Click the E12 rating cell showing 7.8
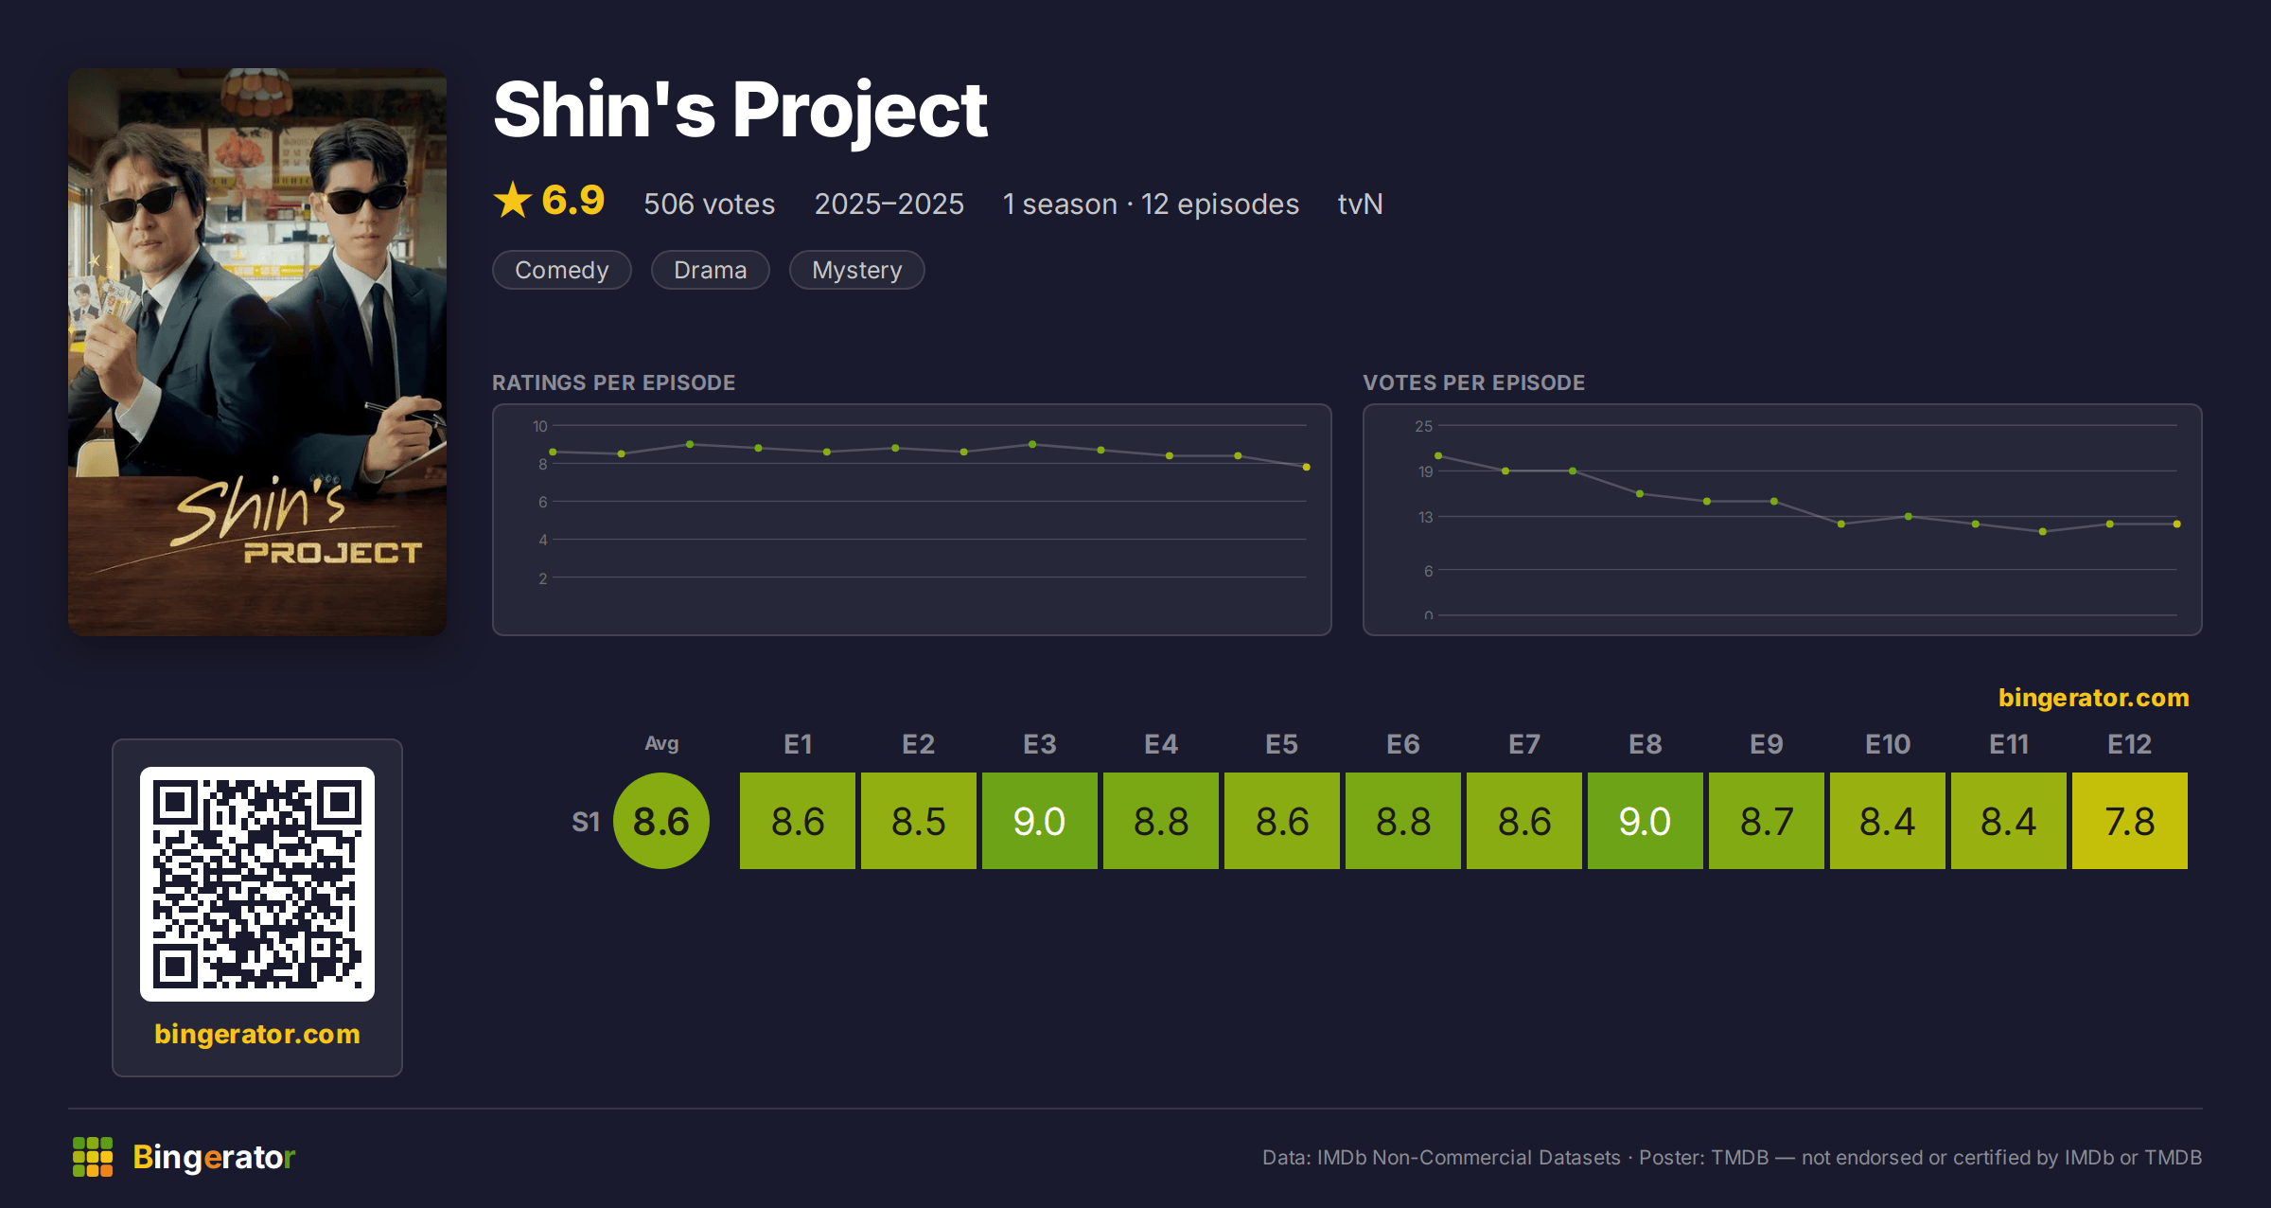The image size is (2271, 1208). point(2129,821)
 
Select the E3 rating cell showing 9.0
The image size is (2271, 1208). point(1039,821)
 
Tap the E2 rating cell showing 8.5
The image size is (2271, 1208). point(918,821)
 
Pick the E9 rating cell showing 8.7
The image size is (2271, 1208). point(1766,821)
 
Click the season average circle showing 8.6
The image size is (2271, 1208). point(661,821)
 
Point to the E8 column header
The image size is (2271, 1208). point(1646,744)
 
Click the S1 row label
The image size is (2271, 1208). point(586,822)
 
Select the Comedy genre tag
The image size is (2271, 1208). point(562,270)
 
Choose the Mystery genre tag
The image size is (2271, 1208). point(857,270)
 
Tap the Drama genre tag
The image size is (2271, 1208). point(711,270)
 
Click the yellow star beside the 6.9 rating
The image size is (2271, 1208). point(513,200)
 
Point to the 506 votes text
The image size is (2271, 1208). point(710,204)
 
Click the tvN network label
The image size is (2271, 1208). point(1360,204)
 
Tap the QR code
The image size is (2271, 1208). point(257,884)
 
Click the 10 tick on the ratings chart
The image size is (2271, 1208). point(540,426)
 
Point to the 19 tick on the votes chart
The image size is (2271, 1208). point(1425,471)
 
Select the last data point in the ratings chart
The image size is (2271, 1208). point(1307,467)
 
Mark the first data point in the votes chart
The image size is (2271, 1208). point(1438,455)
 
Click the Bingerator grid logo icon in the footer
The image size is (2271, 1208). point(93,1157)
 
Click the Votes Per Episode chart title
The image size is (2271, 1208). point(1474,382)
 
